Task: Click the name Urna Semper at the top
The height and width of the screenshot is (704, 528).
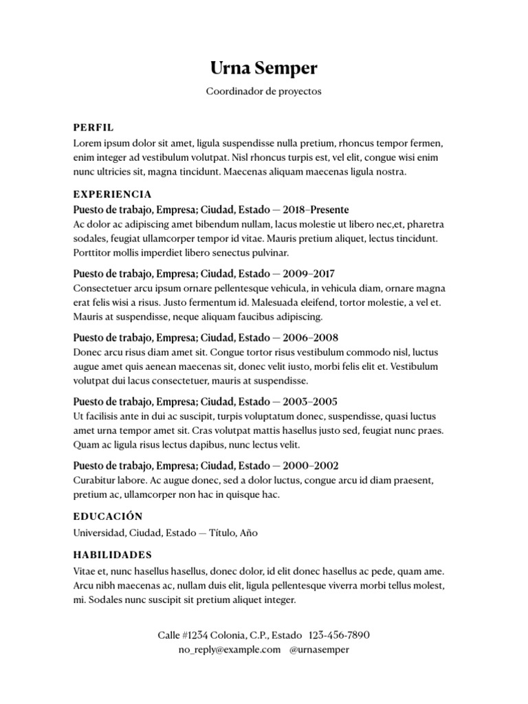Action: point(264,69)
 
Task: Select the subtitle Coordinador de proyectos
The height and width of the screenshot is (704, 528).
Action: point(264,91)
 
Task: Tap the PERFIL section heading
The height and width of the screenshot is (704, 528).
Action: point(93,127)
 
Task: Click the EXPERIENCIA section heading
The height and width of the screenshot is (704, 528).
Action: point(112,195)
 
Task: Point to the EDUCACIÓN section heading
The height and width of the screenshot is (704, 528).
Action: point(107,516)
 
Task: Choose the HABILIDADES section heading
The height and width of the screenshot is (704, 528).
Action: point(112,555)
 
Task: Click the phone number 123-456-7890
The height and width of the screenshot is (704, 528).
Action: point(340,635)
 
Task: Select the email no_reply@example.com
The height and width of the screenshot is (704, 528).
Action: point(229,650)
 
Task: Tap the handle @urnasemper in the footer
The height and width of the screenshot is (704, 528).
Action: point(320,650)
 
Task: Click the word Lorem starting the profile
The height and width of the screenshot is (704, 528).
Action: point(86,144)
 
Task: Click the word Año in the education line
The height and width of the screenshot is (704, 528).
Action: point(248,533)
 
